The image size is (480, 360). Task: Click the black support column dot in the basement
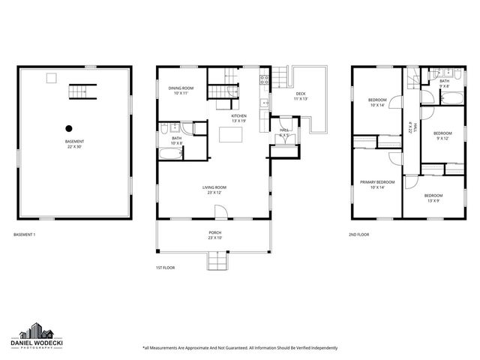tap(68, 127)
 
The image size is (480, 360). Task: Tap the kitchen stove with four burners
tap(264, 80)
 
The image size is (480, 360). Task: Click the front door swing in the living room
tap(219, 212)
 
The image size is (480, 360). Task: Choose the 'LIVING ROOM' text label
tap(214, 187)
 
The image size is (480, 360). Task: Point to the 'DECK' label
tap(300, 94)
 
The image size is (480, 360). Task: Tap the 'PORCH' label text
tap(214, 233)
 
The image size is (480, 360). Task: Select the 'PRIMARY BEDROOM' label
tap(377, 182)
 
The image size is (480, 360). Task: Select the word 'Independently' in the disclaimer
tap(319, 348)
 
